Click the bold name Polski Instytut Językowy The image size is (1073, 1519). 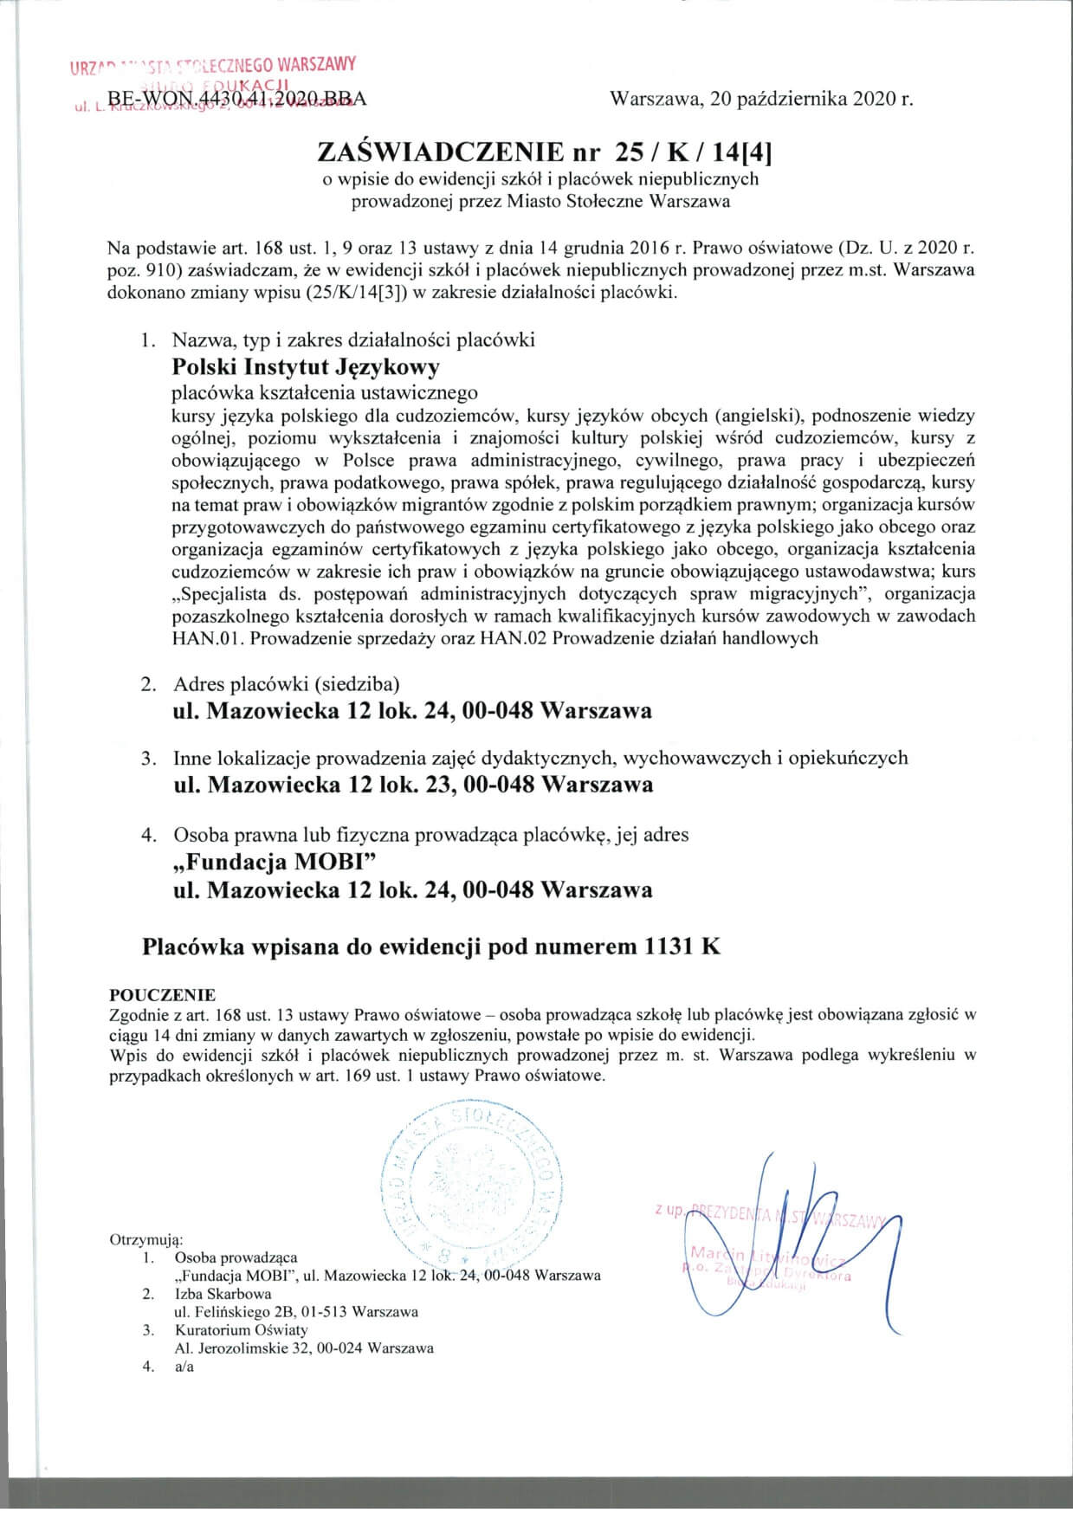pos(306,367)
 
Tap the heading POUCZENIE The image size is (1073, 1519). pos(162,995)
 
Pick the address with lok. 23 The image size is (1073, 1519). pos(413,785)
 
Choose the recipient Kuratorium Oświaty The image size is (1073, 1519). pos(241,1329)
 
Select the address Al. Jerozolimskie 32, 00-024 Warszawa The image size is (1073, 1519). pos(304,1348)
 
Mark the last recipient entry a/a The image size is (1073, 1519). pos(184,1367)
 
